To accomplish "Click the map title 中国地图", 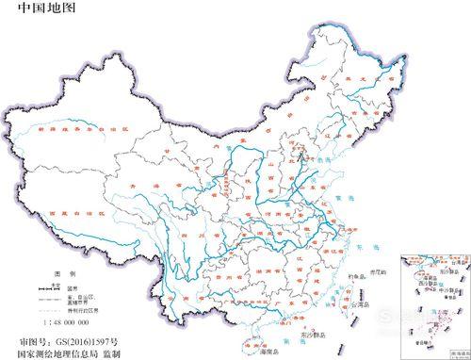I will pos(39,8).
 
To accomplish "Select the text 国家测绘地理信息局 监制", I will pos(69,352).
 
